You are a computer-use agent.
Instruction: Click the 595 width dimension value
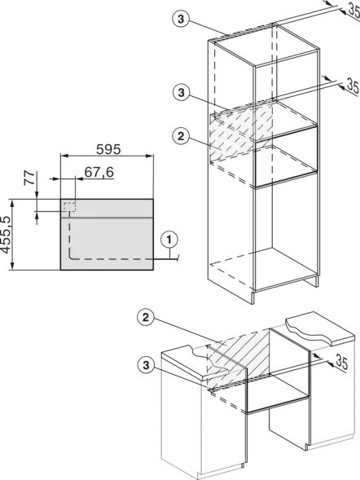[x=108, y=149]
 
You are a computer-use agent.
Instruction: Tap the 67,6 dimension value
[x=99, y=172]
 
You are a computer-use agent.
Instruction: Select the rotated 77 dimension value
[x=29, y=178]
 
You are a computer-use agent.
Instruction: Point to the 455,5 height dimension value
[x=6, y=235]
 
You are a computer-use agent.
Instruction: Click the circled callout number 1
[x=169, y=240]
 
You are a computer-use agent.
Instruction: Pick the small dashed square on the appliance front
[x=70, y=207]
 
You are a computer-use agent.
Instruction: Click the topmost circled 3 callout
[x=181, y=19]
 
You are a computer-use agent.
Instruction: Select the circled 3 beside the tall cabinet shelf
[x=182, y=92]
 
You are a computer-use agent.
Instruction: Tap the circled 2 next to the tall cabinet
[x=181, y=136]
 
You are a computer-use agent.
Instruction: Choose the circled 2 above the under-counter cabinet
[x=146, y=318]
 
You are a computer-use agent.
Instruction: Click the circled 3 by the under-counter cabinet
[x=146, y=365]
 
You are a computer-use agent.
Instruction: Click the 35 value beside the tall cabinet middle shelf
[x=352, y=86]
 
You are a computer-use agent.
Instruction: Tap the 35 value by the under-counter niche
[x=342, y=362]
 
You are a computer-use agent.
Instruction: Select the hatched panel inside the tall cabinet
[x=241, y=132]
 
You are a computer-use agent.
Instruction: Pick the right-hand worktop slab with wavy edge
[x=321, y=328]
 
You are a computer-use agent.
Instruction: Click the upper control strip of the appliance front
[x=107, y=208]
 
